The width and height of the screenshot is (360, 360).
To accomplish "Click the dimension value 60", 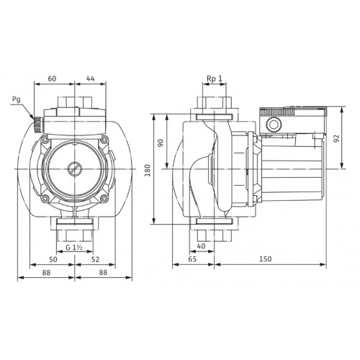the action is tap(52, 78).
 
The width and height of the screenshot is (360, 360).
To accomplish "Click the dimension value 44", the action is tap(91, 78).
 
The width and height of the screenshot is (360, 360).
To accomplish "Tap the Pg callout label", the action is tap(16, 99).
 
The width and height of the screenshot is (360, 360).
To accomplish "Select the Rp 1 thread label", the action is tap(215, 78).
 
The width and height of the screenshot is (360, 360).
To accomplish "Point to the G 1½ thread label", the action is tap(74, 248).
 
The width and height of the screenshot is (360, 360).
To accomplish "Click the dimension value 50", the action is tap(53, 259).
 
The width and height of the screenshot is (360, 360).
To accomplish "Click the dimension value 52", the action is tap(95, 259).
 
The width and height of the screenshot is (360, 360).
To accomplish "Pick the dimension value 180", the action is tap(148, 170).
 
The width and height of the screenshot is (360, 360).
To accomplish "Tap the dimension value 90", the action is tap(161, 143).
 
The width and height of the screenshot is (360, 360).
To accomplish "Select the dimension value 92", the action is tap(337, 138).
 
